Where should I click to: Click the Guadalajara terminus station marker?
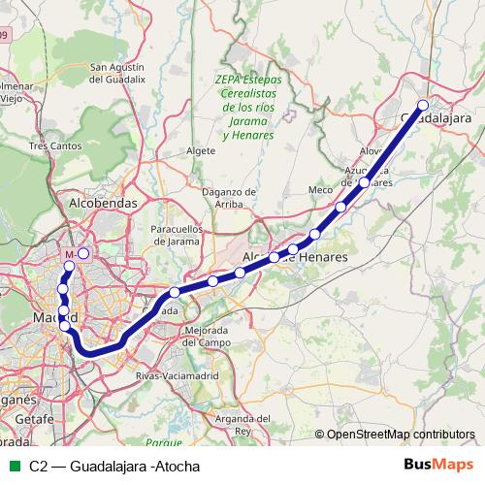point(423,105)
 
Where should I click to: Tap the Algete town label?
point(200,151)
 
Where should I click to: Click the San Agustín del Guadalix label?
point(117,74)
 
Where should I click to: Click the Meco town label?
point(320,190)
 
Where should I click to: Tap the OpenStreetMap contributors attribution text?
point(401,435)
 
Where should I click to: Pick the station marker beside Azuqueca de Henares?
point(365,181)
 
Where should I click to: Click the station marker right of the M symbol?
point(83,253)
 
